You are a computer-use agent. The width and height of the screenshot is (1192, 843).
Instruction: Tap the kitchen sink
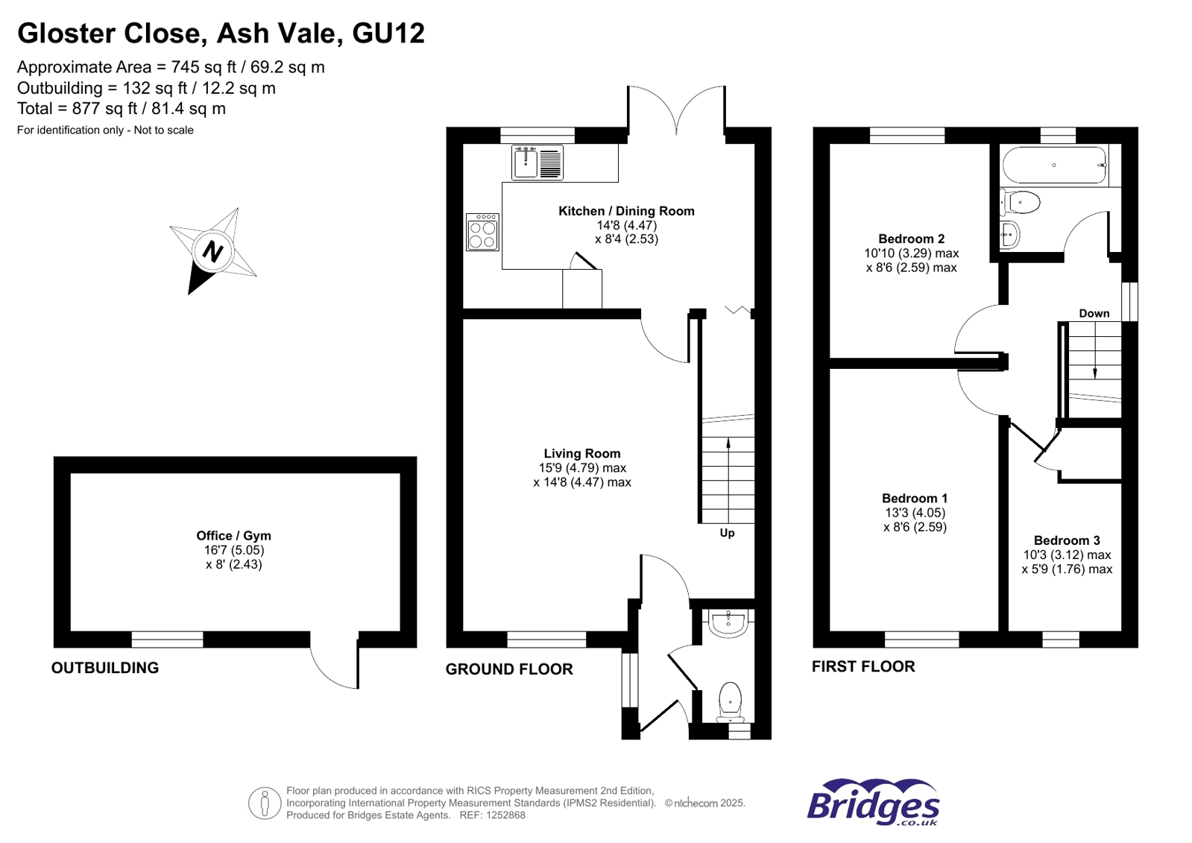point(537,162)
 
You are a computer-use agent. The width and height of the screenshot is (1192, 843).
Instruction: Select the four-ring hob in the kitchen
point(482,232)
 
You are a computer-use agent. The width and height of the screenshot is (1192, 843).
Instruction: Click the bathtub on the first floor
point(1054,165)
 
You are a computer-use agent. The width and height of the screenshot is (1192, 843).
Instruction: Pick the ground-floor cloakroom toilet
point(730,702)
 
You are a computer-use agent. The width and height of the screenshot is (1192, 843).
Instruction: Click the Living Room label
point(582,453)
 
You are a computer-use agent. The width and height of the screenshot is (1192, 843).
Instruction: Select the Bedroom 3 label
point(1067,540)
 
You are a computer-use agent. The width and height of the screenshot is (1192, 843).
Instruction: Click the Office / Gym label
point(233,536)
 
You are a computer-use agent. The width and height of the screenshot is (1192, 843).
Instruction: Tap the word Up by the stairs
point(727,533)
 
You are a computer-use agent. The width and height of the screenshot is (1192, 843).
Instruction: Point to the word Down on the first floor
point(1094,314)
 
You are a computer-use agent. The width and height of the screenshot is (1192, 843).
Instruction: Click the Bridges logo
point(873,803)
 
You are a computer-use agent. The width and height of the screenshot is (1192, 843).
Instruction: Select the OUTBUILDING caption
point(105,668)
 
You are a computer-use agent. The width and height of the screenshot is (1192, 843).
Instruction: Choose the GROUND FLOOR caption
point(509,669)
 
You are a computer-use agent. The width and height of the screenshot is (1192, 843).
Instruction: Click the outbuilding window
point(167,640)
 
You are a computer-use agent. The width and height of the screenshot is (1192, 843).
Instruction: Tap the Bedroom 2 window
point(907,135)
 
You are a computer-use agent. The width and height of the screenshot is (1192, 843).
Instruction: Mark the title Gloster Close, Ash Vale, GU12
point(221,33)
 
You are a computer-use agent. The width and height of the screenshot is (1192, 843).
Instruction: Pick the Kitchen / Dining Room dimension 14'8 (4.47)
point(627,225)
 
